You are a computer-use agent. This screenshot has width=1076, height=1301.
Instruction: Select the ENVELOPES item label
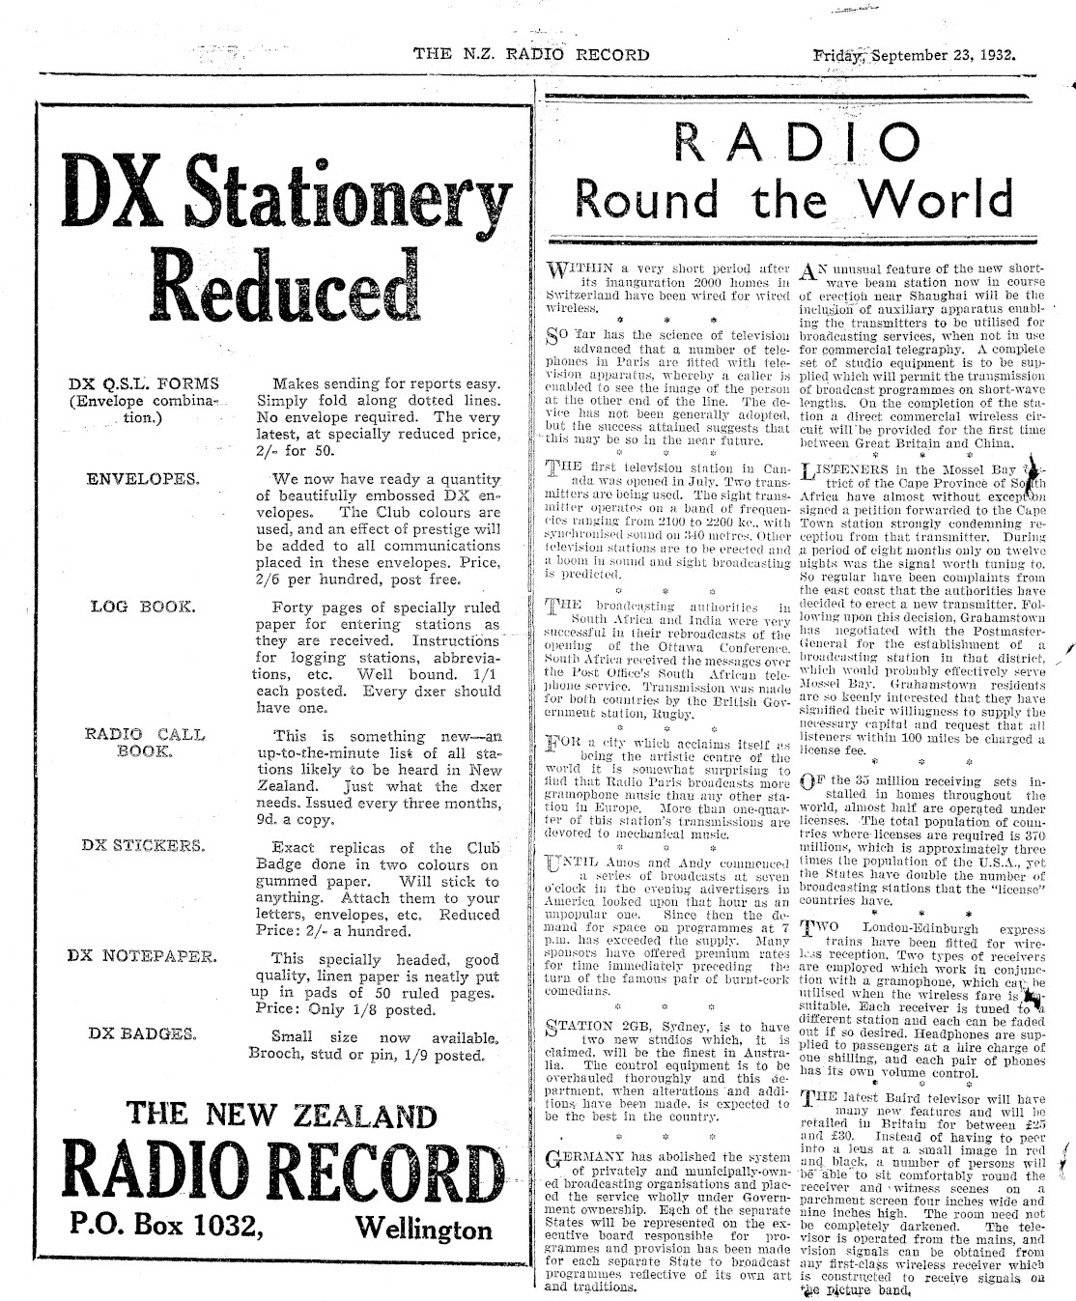pyautogui.click(x=143, y=478)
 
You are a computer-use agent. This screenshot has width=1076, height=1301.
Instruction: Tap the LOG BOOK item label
pyautogui.click(x=142, y=608)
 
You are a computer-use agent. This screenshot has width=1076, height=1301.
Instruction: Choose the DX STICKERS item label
pyautogui.click(x=143, y=844)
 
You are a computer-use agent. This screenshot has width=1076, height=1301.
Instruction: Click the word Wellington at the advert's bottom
pyautogui.click(x=424, y=1229)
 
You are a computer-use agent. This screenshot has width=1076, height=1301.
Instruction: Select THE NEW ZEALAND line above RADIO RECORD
pyautogui.click(x=282, y=1116)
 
